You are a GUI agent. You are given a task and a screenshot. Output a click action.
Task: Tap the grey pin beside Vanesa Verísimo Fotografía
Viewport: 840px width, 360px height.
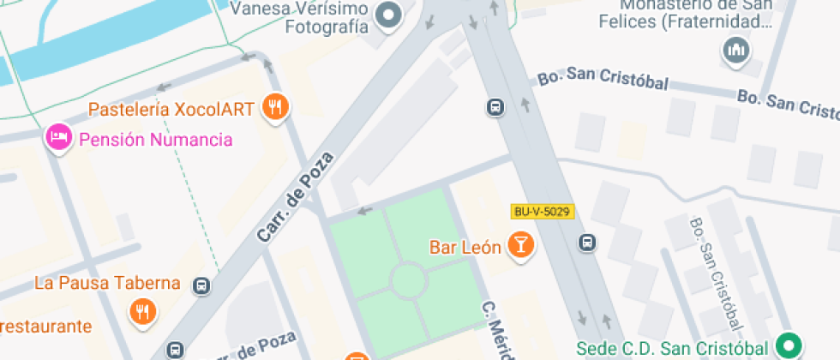pos(391,15)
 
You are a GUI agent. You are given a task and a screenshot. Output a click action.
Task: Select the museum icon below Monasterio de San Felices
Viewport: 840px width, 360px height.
pos(735,51)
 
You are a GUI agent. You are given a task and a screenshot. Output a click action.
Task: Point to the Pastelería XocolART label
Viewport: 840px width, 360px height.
pos(171,110)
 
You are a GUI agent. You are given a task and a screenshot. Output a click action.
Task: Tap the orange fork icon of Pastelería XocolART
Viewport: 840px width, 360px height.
pos(275,107)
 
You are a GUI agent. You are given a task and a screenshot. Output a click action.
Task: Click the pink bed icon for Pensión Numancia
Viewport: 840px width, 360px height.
pos(58,137)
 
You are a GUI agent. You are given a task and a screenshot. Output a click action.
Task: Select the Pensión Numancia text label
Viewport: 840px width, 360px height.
pos(155,139)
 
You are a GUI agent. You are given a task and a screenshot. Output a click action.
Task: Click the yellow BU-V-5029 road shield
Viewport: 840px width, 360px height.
pos(542,211)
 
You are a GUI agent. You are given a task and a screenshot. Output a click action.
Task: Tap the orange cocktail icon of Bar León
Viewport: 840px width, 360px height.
pos(519,245)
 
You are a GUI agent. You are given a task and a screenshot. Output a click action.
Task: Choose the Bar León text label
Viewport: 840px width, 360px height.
pos(465,248)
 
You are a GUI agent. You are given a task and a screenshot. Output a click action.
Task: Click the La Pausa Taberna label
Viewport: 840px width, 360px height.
pos(108,283)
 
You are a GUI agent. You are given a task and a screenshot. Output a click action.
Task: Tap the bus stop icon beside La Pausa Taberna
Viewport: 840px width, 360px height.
pos(201,285)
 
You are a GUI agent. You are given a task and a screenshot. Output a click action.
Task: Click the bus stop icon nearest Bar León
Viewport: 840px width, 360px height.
pos(587,243)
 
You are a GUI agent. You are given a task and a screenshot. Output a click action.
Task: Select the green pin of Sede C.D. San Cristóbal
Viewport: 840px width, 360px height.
pos(787,346)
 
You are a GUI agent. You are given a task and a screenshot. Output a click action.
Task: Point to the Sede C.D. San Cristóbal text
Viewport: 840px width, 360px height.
pos(672,349)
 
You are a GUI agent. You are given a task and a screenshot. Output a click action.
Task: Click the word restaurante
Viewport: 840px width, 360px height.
pos(45,326)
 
